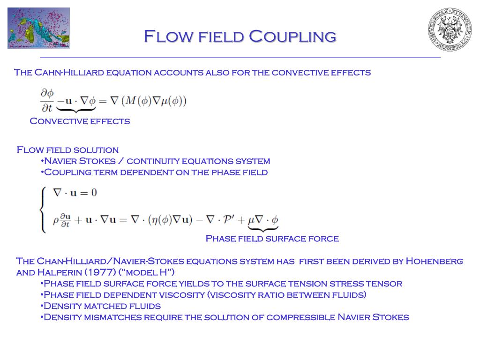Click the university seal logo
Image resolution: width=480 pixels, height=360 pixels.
(450, 29)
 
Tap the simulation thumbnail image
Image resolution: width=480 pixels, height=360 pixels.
(38, 28)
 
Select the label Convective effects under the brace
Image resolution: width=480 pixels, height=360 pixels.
(80, 121)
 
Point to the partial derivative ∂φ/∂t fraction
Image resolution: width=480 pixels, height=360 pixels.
(47, 101)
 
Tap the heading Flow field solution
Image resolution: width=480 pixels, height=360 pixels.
(67, 150)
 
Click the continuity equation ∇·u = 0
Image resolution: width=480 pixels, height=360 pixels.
(75, 193)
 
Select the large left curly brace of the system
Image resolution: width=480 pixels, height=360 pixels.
(43, 210)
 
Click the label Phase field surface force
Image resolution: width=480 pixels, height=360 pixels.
(272, 239)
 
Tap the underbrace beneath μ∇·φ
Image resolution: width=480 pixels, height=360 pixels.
(262, 229)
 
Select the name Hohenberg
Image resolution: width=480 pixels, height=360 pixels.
(434, 261)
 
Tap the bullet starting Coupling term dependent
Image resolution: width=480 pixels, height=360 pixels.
(155, 172)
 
